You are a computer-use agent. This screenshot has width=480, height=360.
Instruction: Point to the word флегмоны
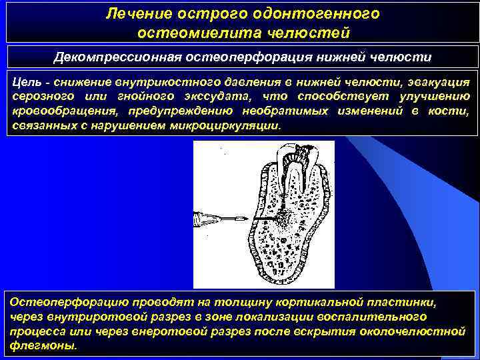43,346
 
